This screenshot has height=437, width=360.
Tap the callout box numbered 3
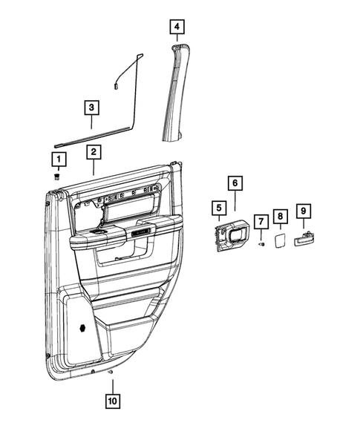point(91,108)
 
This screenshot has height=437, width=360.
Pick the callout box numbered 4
point(176,27)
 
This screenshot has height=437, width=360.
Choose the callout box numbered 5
point(218,210)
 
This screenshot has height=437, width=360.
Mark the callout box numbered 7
point(261,221)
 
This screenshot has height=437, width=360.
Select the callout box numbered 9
point(303,211)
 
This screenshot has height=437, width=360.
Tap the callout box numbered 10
point(111,402)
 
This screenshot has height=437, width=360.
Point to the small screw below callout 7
point(261,244)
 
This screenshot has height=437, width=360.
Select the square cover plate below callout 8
point(280,241)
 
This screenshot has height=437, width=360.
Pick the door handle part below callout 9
point(304,239)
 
